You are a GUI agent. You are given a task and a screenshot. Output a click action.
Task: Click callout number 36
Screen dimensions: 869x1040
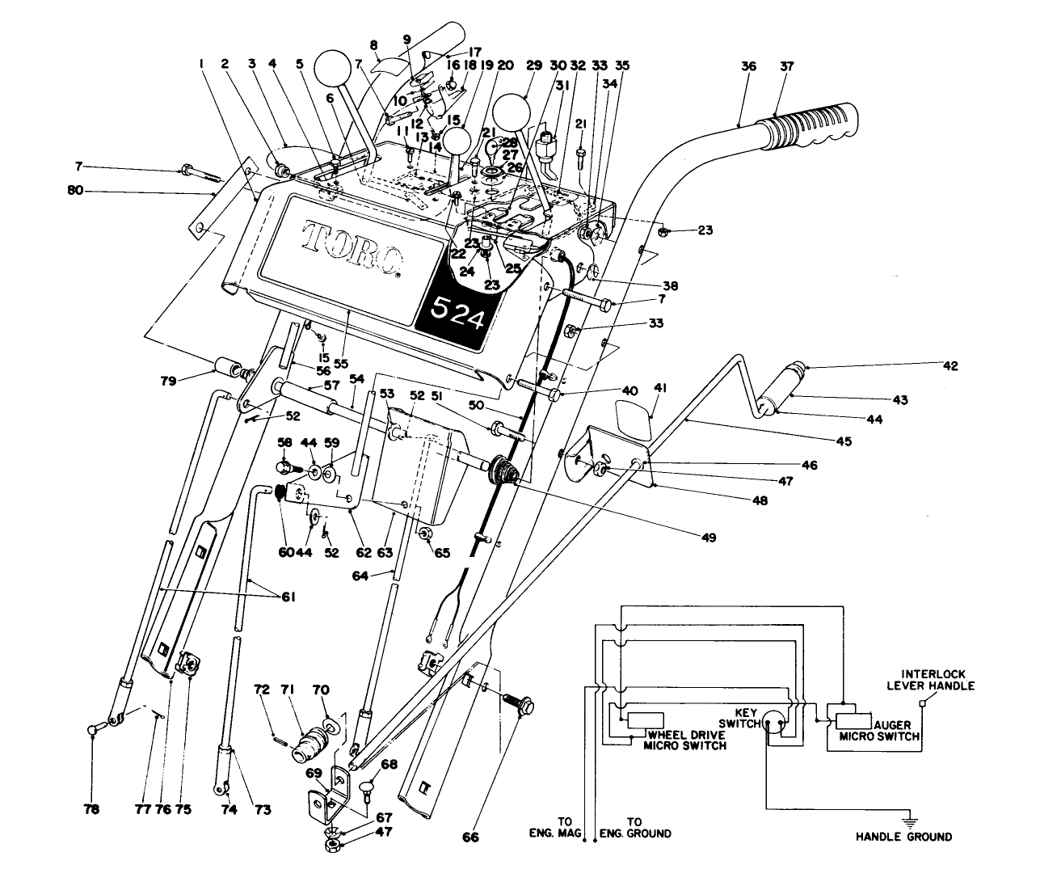tap(748, 67)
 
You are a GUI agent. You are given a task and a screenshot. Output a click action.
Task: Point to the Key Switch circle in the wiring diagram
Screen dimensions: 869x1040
tap(775, 722)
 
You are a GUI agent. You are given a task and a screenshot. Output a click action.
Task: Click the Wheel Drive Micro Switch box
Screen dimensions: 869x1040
tap(645, 720)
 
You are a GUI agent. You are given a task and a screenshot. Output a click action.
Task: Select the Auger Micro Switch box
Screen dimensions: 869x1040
tap(859, 721)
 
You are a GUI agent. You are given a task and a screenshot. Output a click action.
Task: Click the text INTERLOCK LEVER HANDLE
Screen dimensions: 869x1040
tap(937, 680)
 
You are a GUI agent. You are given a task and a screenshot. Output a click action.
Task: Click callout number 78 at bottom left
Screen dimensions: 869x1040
tap(92, 809)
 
